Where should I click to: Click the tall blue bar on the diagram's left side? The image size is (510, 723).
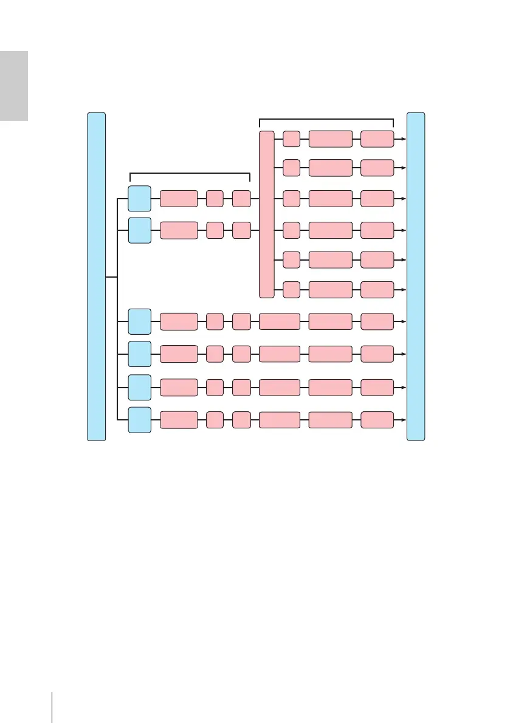tap(96, 276)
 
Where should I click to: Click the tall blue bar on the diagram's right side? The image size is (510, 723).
tap(416, 276)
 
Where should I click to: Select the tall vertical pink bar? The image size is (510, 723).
tap(266, 214)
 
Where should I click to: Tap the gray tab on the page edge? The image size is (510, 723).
tap(13, 86)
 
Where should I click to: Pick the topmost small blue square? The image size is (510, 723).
tap(140, 199)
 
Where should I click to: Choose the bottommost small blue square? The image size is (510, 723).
tap(140, 419)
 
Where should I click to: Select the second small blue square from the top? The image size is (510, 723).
tap(140, 230)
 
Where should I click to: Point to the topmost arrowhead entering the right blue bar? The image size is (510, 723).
tap(402, 139)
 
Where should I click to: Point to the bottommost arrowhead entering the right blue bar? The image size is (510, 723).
tap(402, 419)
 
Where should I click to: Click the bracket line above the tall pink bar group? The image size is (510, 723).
tap(326, 118)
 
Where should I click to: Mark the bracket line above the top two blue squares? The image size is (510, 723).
tap(190, 174)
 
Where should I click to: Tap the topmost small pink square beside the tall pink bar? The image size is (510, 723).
tap(292, 139)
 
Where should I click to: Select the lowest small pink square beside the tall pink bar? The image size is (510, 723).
tap(292, 290)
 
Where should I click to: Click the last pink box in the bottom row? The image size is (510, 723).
tap(377, 419)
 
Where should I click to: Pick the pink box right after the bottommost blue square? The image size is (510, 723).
tap(179, 419)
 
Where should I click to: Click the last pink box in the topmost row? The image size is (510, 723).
tap(377, 139)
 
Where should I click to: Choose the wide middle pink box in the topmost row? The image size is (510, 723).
tap(330, 139)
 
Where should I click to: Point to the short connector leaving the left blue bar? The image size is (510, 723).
tap(111, 277)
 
